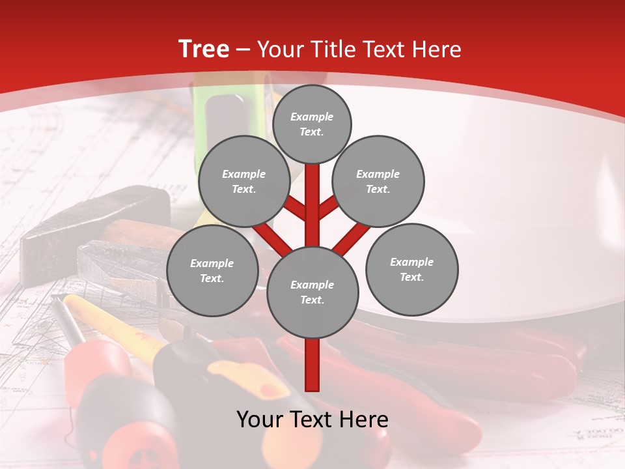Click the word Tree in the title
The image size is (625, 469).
[204, 50]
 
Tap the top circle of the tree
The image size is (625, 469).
[312, 124]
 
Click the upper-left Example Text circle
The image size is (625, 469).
[243, 181]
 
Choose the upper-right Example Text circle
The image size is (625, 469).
[378, 181]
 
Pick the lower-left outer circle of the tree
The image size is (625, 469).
[212, 270]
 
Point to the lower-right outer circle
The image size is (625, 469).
[411, 269]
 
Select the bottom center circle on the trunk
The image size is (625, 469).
[312, 292]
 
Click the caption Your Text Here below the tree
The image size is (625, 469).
[312, 419]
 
